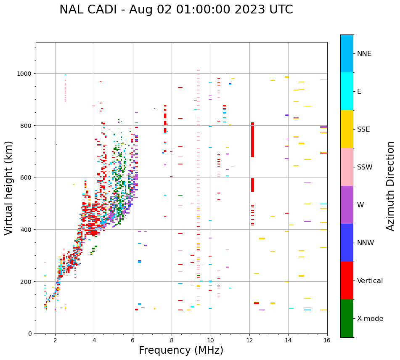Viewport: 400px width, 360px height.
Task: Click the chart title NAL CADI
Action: click(176, 10)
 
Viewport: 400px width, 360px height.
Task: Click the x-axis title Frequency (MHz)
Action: click(181, 350)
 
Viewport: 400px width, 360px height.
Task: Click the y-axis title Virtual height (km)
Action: click(9, 188)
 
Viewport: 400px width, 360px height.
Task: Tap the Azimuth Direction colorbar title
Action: click(391, 186)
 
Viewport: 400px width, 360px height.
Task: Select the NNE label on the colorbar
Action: click(364, 54)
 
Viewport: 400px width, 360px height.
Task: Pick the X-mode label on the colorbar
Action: click(370, 319)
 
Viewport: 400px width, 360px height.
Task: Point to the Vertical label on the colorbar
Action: click(370, 281)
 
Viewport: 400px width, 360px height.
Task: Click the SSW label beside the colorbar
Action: click(365, 167)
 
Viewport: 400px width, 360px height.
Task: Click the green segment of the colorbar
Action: click(347, 318)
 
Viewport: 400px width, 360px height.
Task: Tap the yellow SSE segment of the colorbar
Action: click(347, 129)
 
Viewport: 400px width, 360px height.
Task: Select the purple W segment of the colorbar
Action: click(347, 205)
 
